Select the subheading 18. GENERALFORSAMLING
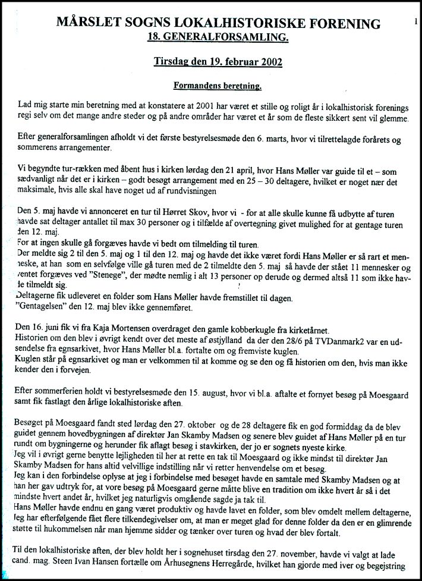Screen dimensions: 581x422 coord(219,37)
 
